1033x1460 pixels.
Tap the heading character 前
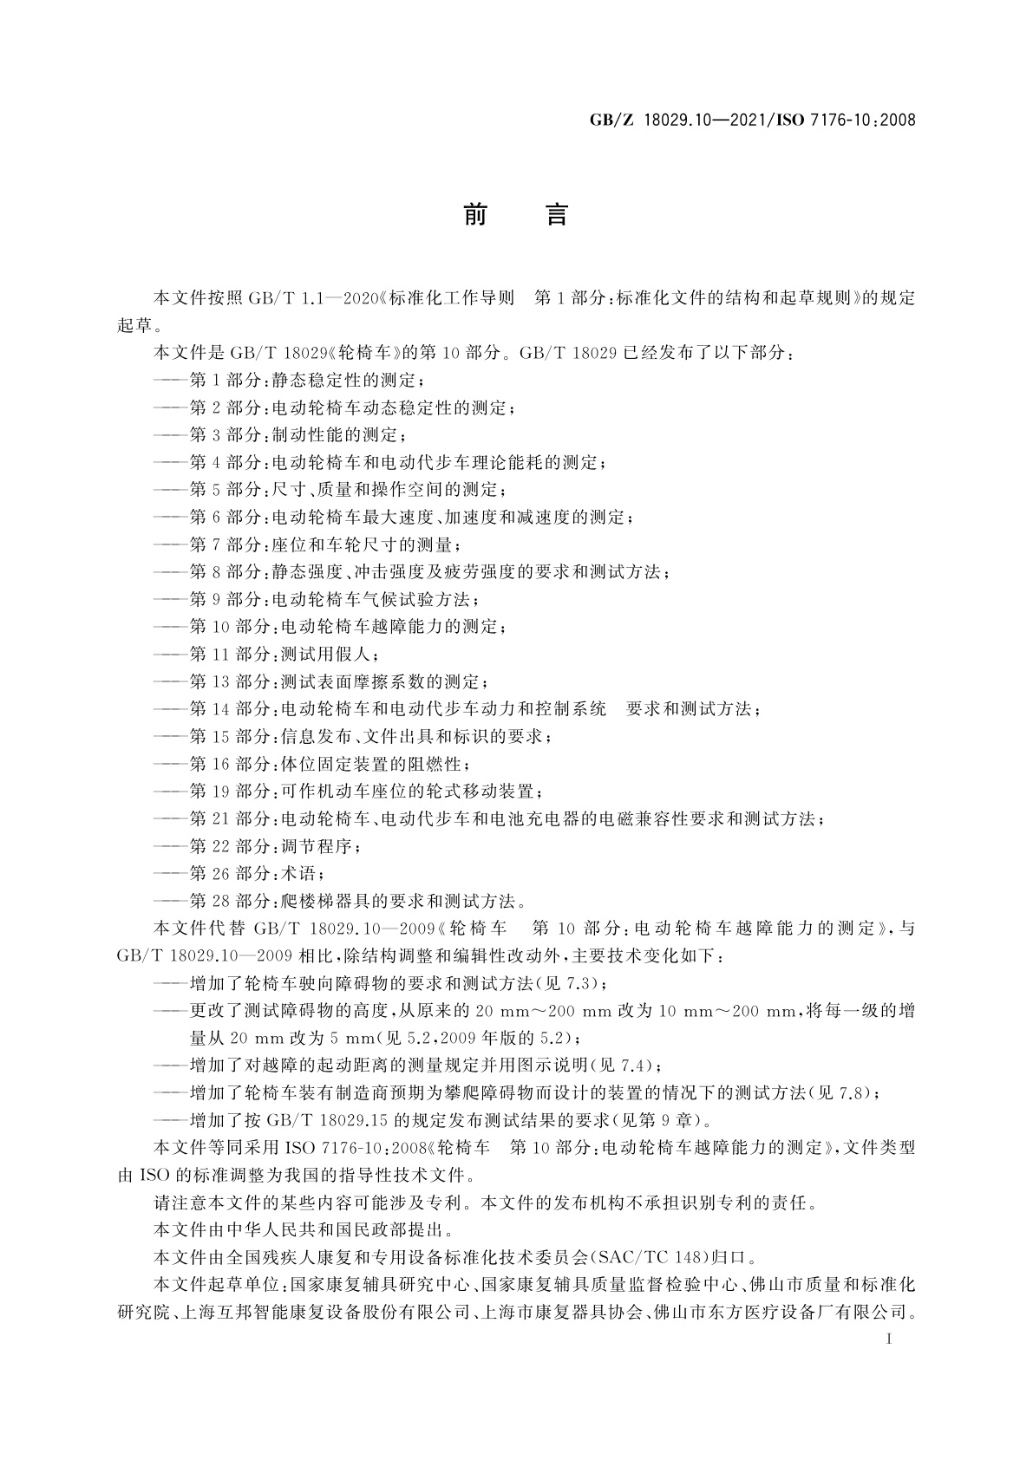[x=474, y=214]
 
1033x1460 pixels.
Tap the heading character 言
[x=556, y=214]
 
